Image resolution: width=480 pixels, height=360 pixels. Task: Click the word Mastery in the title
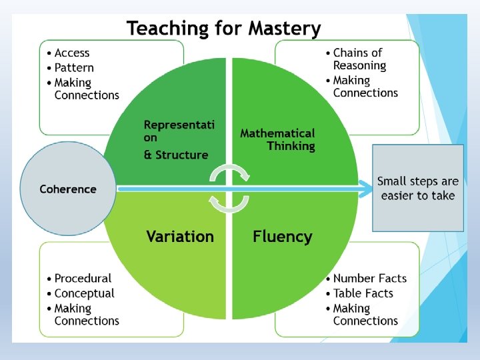(285, 29)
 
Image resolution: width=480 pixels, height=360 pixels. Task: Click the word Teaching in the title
(168, 29)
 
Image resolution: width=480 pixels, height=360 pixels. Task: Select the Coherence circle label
(68, 189)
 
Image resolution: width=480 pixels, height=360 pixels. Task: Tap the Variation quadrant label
(180, 237)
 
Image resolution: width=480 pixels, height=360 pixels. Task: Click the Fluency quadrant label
(282, 237)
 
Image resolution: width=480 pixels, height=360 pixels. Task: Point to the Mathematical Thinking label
(277, 139)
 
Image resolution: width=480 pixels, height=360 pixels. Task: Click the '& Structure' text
(176, 155)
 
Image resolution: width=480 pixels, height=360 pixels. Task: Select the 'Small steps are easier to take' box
(418, 188)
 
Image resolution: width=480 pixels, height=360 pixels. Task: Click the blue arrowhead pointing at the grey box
(365, 189)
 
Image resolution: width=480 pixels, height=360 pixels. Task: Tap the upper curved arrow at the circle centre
(230, 173)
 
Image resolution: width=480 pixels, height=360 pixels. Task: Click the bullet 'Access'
(71, 53)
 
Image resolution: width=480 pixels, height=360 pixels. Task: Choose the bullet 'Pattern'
(74, 67)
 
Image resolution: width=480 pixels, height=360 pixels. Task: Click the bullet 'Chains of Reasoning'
(359, 59)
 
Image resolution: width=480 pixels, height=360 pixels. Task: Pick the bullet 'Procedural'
(83, 278)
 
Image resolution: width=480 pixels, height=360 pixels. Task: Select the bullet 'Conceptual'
(84, 293)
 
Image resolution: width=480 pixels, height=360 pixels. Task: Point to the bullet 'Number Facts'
(369, 278)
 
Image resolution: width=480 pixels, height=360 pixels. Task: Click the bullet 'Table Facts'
(363, 293)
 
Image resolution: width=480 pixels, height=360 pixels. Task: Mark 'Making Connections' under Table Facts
(365, 315)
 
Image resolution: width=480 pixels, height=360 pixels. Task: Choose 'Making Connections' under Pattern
(86, 89)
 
